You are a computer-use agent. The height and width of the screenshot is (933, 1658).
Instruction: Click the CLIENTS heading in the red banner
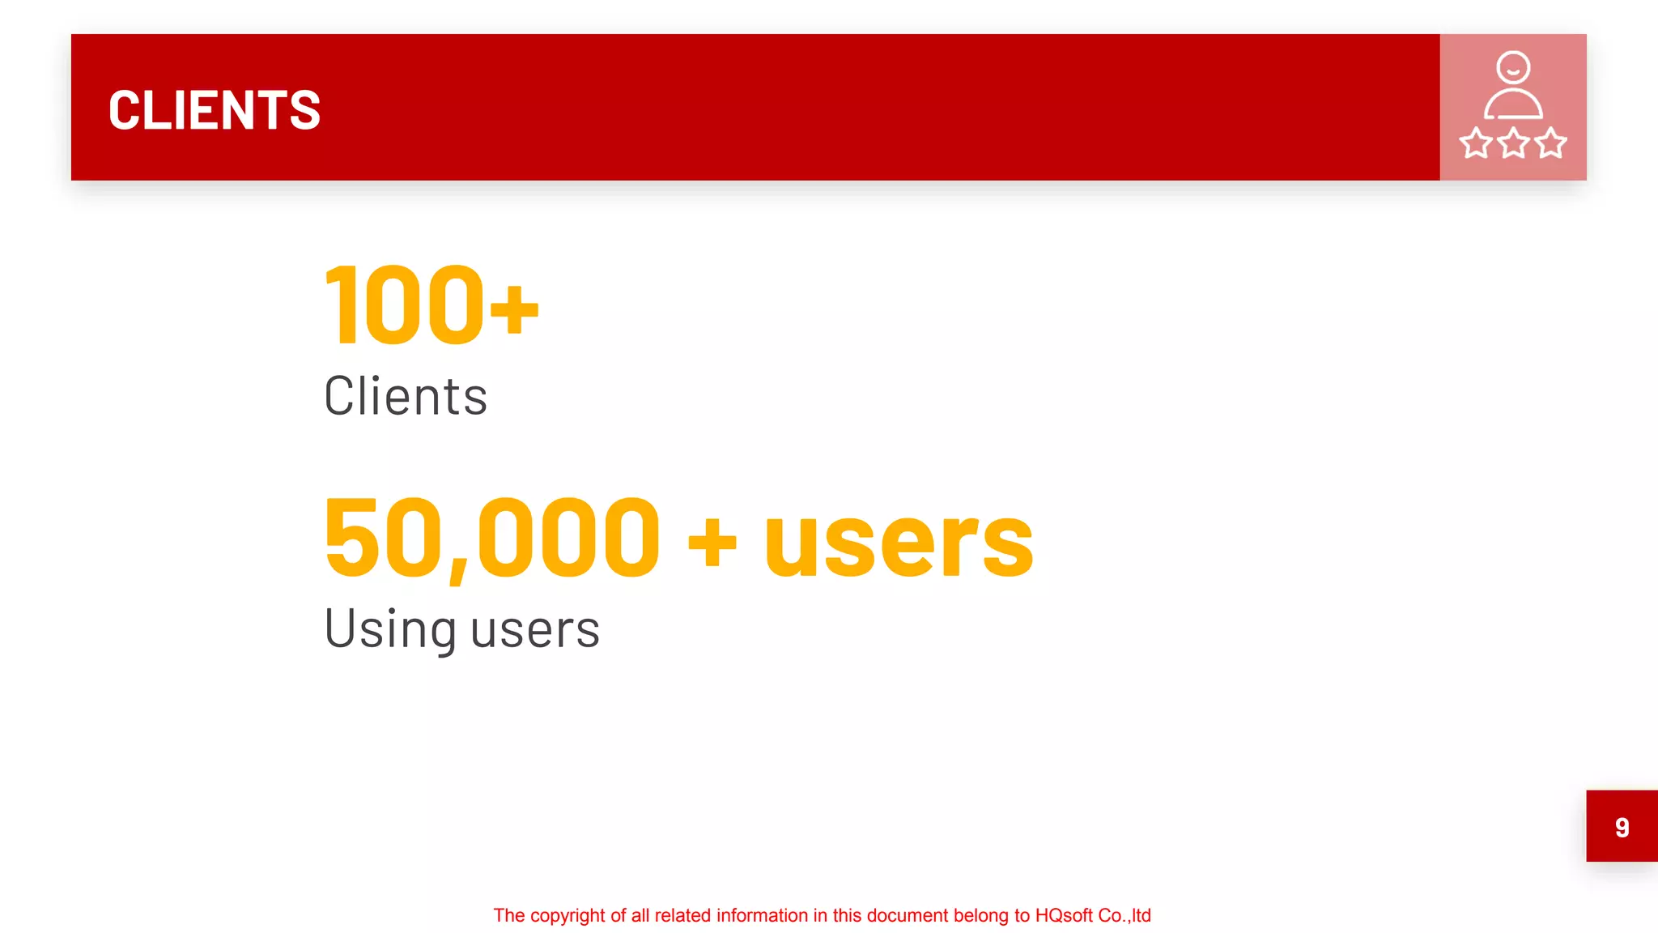(x=215, y=110)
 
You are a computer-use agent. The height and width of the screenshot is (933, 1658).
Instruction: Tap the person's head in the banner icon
(x=1512, y=67)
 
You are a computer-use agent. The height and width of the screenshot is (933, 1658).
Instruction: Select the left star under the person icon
(x=1476, y=143)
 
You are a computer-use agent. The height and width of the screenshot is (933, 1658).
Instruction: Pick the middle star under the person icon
(x=1513, y=143)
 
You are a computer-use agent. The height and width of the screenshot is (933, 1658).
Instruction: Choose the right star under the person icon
(x=1550, y=143)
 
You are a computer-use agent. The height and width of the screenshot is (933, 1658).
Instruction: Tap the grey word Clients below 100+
(x=406, y=396)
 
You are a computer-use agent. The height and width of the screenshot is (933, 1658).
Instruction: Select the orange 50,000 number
(x=492, y=538)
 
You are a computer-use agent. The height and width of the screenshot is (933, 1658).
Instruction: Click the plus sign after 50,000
(x=712, y=543)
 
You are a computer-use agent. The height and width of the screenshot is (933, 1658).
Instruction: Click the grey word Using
(x=390, y=629)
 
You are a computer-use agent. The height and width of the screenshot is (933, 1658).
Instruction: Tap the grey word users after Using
(x=535, y=629)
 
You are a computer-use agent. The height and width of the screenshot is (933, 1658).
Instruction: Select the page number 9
(x=1622, y=827)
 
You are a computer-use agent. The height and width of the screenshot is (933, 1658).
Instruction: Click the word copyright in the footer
(x=568, y=916)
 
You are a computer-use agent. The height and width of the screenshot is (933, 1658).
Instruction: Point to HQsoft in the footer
(x=1064, y=916)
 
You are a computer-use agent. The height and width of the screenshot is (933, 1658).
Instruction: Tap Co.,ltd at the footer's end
(x=1124, y=916)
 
